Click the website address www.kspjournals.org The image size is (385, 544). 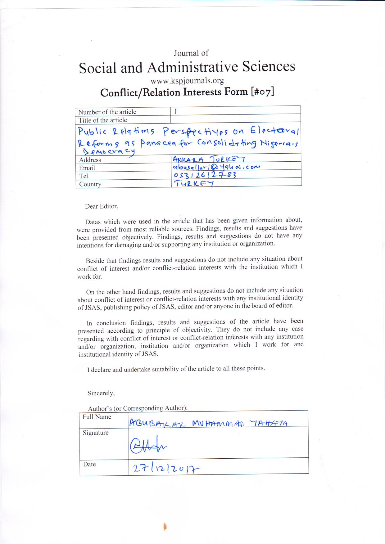(187, 81)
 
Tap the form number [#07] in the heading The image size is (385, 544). (262, 92)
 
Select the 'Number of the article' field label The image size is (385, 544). (107, 112)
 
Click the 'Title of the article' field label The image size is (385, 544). (102, 120)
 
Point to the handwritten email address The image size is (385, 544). (216, 167)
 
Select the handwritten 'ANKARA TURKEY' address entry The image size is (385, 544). (209, 159)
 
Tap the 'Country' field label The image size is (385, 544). (90, 184)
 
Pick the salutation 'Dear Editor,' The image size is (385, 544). (102, 206)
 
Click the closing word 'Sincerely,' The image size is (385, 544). (101, 393)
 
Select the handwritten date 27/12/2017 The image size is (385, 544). (166, 469)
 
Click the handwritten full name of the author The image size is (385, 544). (208, 423)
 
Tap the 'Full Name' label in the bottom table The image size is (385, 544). (97, 417)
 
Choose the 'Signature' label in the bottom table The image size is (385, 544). (96, 433)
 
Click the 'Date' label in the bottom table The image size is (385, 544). (89, 464)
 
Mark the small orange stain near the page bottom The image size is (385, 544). (165, 527)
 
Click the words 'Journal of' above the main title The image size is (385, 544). (191, 53)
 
